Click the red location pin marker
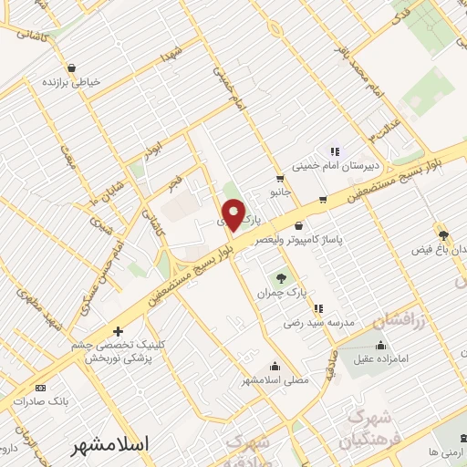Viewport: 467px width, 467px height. (233, 214)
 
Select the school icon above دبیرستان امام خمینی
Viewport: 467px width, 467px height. (334, 151)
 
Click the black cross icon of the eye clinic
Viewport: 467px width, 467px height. (117, 332)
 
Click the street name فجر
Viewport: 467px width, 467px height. (174, 182)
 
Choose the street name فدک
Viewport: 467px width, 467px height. (400, 16)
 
